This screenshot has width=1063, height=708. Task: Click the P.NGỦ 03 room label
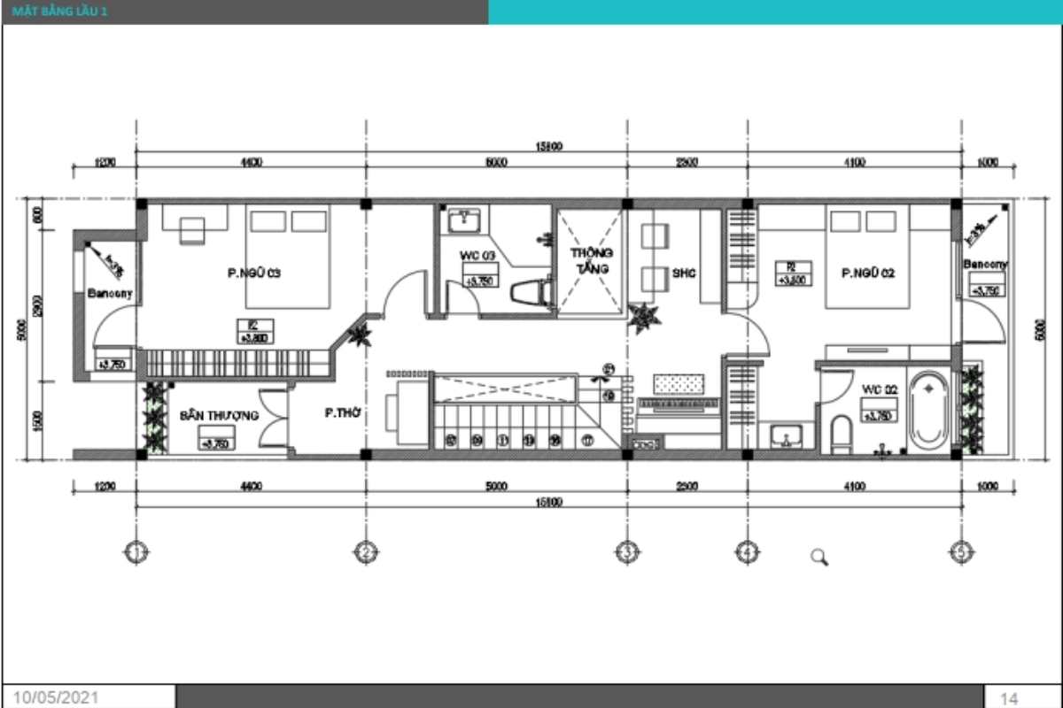pyautogui.click(x=253, y=273)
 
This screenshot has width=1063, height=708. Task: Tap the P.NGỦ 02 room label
pyautogui.click(x=868, y=273)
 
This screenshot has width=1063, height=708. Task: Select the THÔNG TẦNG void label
pyautogui.click(x=591, y=260)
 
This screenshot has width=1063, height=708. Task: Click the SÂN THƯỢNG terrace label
pyautogui.click(x=219, y=415)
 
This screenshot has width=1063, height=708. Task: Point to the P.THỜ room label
pyautogui.click(x=341, y=412)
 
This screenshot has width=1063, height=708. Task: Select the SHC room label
pyautogui.click(x=684, y=273)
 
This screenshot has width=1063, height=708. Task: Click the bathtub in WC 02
pyautogui.click(x=928, y=412)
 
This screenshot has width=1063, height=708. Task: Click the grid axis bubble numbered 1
pyautogui.click(x=136, y=552)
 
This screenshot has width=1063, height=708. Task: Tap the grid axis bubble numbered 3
pyautogui.click(x=625, y=552)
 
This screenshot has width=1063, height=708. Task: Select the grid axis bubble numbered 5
pyautogui.click(x=961, y=552)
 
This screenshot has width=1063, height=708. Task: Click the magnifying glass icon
pyautogui.click(x=819, y=557)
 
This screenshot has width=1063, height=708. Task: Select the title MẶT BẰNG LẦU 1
pyautogui.click(x=62, y=12)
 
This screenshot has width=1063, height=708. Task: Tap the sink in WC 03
pyautogui.click(x=463, y=219)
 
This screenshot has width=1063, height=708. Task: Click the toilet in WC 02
pyautogui.click(x=841, y=435)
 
